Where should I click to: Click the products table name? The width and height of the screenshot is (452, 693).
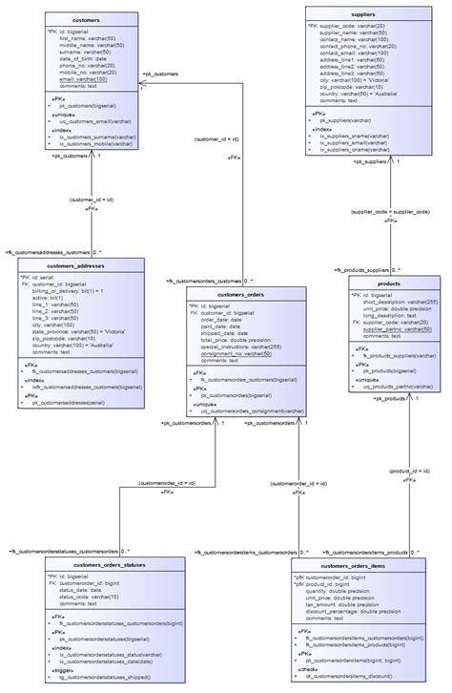tap(388, 284)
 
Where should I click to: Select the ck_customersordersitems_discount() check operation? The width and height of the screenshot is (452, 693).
tap(351, 679)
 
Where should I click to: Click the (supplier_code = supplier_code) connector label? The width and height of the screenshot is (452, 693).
tap(389, 211)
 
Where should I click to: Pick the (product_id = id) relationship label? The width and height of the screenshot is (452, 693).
tap(413, 471)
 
